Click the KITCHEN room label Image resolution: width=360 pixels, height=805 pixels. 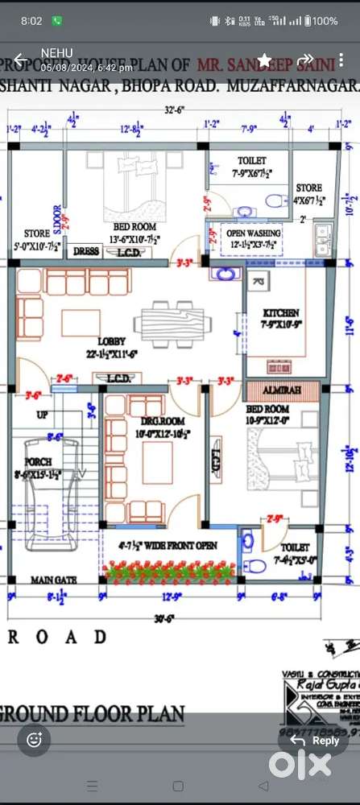(281, 312)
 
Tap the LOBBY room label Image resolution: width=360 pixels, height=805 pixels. (111, 341)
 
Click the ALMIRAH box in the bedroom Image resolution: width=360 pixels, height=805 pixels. (280, 390)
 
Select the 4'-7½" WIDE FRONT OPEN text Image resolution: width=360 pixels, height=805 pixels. (171, 546)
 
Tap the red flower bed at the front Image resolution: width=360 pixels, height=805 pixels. (171, 572)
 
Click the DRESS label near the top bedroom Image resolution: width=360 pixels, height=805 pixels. (86, 251)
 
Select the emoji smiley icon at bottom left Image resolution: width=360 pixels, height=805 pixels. (35, 739)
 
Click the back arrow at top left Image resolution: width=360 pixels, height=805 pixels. (19, 60)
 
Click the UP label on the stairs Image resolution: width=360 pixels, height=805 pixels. (42, 415)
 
